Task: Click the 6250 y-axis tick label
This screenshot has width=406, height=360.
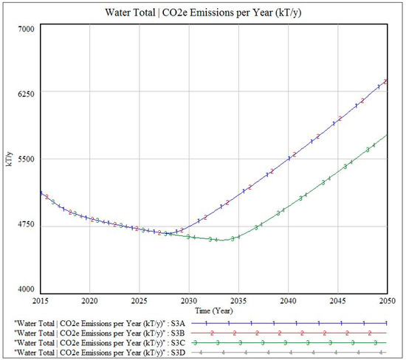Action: (26, 94)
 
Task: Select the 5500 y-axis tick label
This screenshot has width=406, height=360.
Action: (26, 159)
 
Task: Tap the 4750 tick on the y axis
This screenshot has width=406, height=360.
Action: (26, 224)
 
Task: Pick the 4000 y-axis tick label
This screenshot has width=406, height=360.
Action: (26, 289)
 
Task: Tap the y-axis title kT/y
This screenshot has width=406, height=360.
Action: (9, 159)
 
